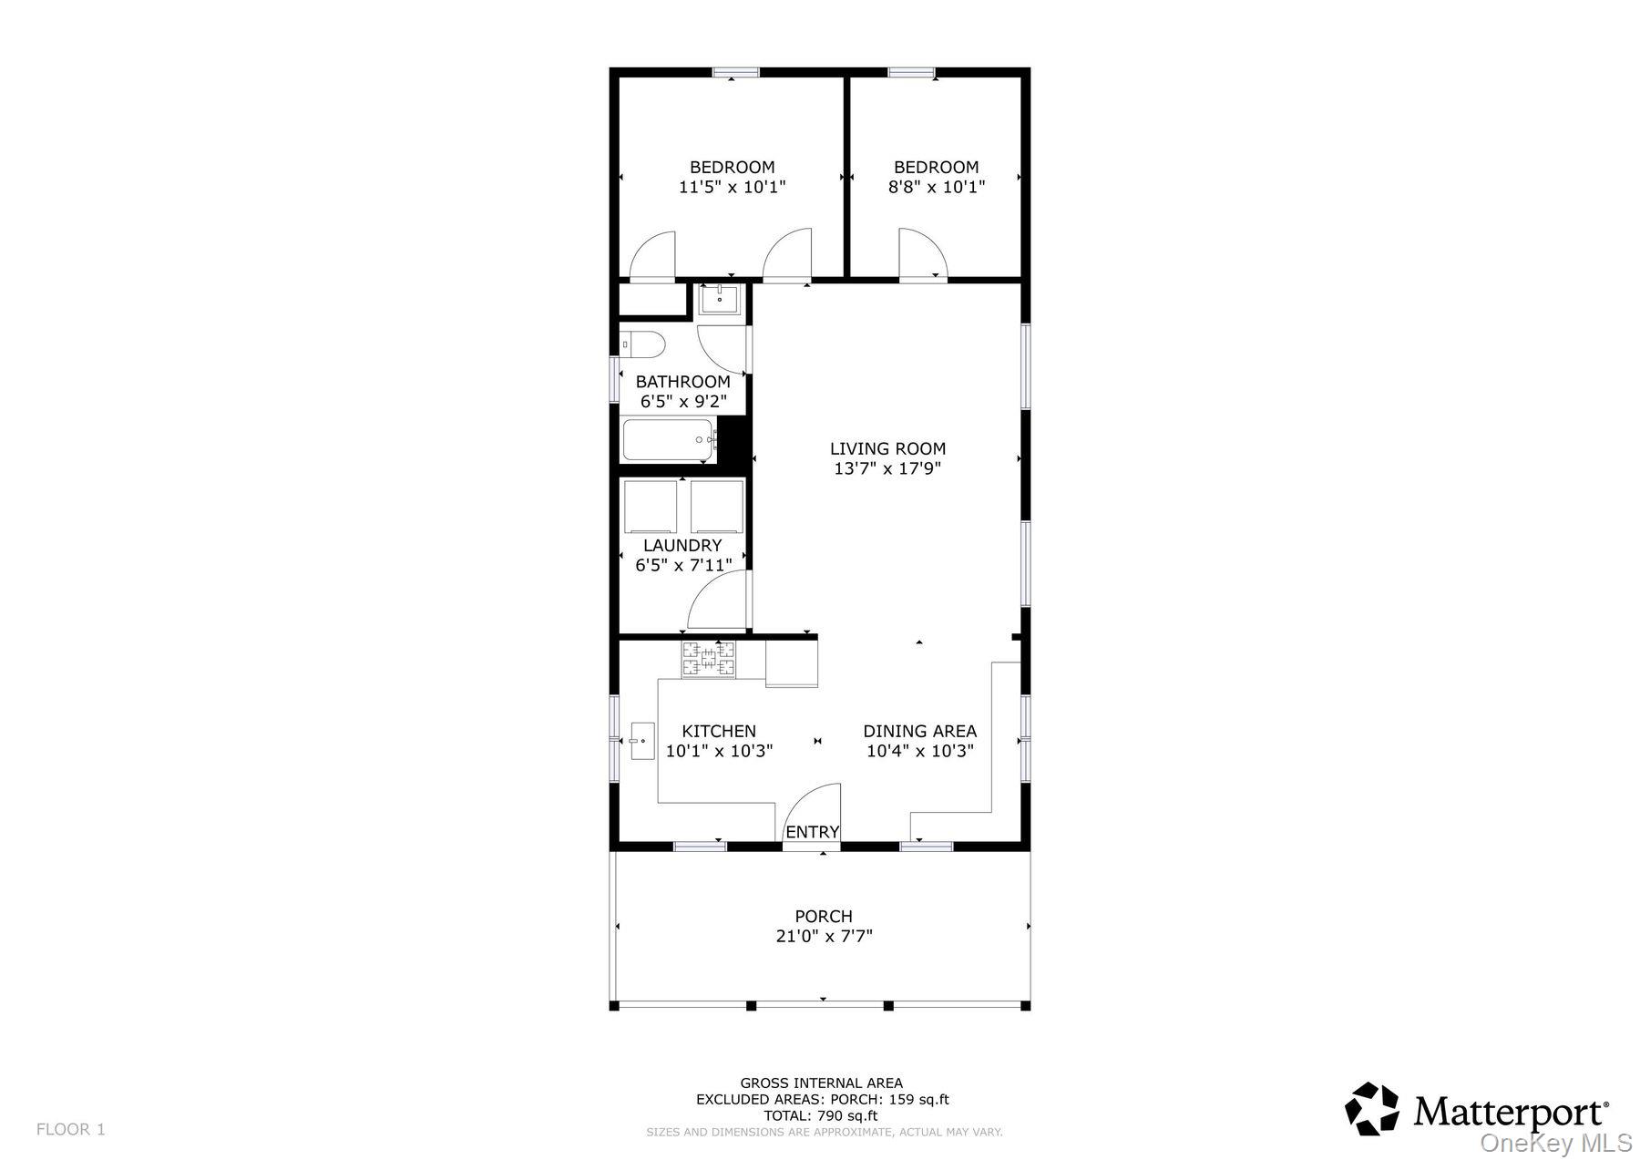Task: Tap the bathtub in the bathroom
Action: click(x=670, y=440)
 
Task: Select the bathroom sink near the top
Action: click(x=719, y=299)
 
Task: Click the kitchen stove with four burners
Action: click(x=709, y=660)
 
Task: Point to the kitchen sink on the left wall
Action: click(x=642, y=741)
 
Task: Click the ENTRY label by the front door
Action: click(x=812, y=832)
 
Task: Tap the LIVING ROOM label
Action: click(x=887, y=448)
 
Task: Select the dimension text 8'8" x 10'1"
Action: click(x=937, y=187)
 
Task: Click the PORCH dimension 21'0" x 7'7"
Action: click(x=823, y=936)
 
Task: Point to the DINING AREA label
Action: click(x=919, y=731)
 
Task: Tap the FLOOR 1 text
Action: click(x=71, y=1129)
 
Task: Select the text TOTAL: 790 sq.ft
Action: click(x=821, y=1115)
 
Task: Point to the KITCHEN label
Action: click(x=719, y=731)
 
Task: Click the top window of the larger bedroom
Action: click(x=736, y=72)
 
